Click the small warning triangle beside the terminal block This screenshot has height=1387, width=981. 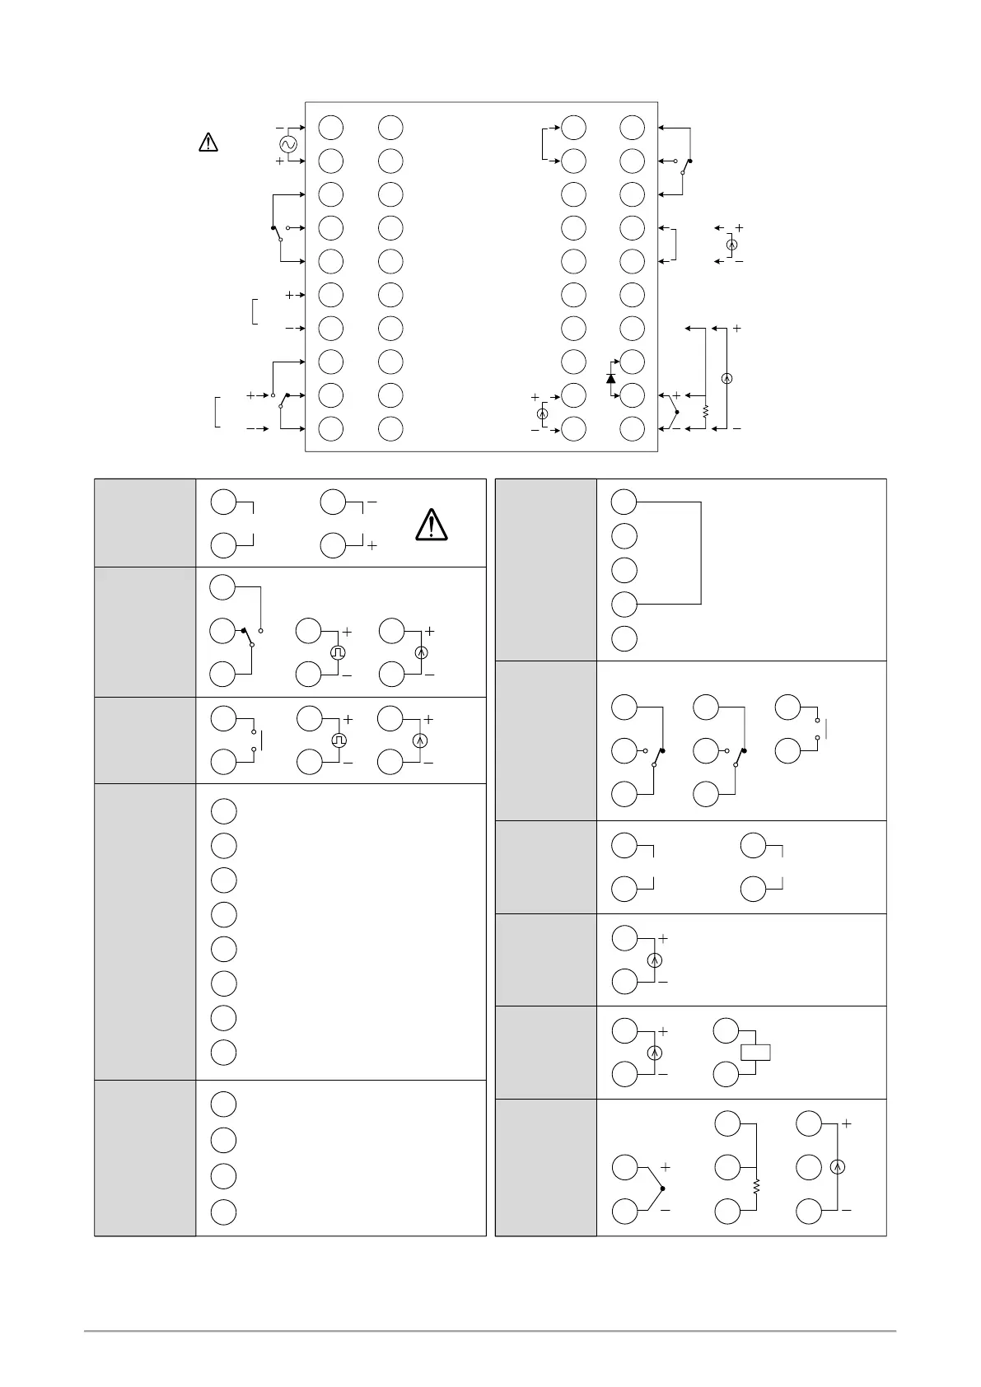point(208,142)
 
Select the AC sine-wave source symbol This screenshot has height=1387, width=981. point(287,145)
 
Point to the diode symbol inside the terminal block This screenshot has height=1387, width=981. point(610,378)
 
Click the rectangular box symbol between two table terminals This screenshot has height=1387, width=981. point(755,1052)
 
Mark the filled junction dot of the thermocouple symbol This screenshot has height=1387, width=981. point(662,1189)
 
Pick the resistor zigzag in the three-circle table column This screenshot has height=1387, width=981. point(756,1188)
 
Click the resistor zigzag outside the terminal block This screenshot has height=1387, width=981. point(706,410)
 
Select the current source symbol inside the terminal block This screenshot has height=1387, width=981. point(543,413)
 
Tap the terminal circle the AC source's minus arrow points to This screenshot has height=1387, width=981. point(331,128)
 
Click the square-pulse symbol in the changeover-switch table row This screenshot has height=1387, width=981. point(339,652)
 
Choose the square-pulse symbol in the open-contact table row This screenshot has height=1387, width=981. point(339,740)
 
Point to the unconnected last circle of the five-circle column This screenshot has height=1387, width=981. point(625,638)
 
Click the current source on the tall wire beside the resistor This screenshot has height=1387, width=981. point(726,378)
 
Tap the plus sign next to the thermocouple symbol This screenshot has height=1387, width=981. point(666,1167)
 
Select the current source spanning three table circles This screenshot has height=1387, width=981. point(837,1166)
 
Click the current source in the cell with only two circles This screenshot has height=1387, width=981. point(656,960)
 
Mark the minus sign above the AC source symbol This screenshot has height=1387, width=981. point(280,128)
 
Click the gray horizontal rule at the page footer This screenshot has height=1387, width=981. point(490,1330)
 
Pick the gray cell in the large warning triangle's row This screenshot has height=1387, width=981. point(145,522)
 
